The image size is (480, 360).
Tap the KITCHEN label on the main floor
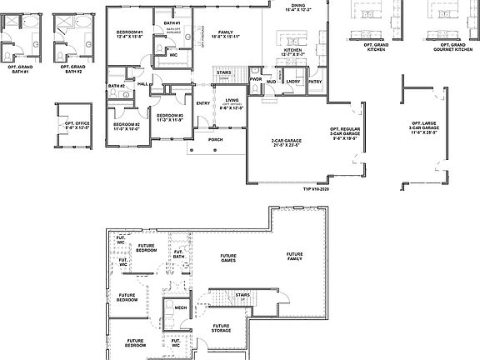(x=292, y=52)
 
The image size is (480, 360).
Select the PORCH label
(x=216, y=139)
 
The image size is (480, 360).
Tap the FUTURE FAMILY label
(x=295, y=256)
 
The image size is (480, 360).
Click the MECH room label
(x=181, y=307)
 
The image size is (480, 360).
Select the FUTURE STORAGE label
(x=221, y=328)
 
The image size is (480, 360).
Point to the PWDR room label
(x=256, y=80)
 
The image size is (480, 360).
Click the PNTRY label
(x=314, y=82)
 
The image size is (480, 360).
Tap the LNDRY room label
(x=292, y=82)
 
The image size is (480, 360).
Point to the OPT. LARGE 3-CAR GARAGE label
(x=424, y=129)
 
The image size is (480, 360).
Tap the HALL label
(x=142, y=83)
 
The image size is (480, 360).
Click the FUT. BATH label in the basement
(x=178, y=253)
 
